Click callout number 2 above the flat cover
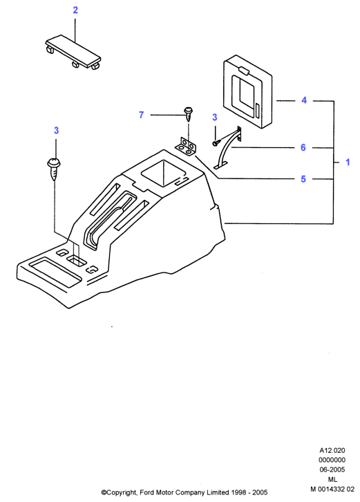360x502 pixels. click(x=75, y=10)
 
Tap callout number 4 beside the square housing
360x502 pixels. click(x=303, y=100)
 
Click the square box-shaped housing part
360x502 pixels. click(x=247, y=91)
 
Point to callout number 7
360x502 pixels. click(x=141, y=115)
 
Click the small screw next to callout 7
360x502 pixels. click(x=189, y=113)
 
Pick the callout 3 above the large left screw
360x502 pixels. click(x=57, y=130)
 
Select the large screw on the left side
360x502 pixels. click(x=55, y=169)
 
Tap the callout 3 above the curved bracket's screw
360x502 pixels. click(x=215, y=118)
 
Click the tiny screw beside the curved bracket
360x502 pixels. click(x=216, y=143)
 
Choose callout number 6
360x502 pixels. click(x=303, y=147)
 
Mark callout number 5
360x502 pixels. click(x=303, y=178)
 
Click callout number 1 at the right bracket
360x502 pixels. click(x=348, y=162)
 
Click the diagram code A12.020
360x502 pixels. click(x=332, y=450)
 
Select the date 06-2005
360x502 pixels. click(x=332, y=470)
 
